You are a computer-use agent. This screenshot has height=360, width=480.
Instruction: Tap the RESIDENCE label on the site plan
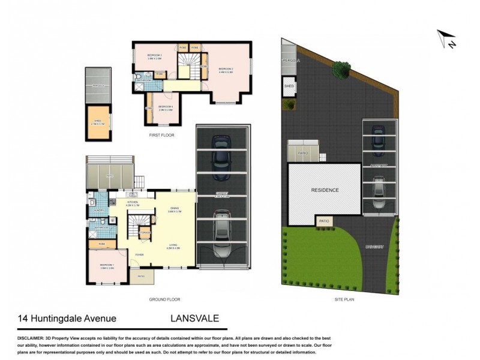[325, 190]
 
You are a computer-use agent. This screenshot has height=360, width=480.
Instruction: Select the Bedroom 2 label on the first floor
[226, 70]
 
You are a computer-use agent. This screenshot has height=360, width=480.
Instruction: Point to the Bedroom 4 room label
[166, 109]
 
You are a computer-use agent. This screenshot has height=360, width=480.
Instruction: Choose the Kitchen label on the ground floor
[133, 203]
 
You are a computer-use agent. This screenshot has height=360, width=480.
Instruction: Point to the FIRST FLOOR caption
[161, 136]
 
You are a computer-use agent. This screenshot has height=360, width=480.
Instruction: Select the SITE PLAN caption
[344, 299]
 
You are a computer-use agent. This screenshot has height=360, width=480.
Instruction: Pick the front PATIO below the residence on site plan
[325, 221]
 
